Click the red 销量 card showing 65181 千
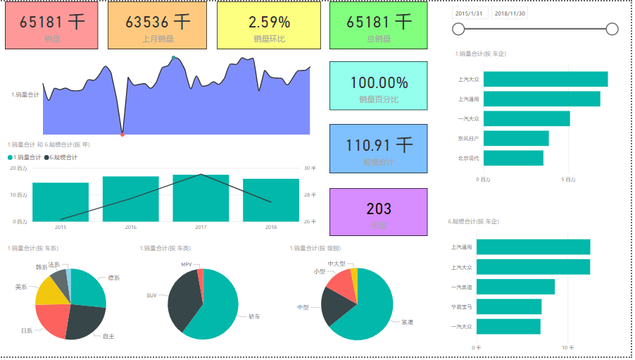coord(53,25)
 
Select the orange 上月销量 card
coord(157,25)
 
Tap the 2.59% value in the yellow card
coord(269,23)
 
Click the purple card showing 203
coord(378,211)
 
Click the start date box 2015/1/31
coord(469,13)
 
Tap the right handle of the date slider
coord(612,29)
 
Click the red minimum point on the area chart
coord(122,134)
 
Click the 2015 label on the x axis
coord(61,228)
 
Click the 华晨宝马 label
coord(461,306)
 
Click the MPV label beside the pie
coord(187,264)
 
